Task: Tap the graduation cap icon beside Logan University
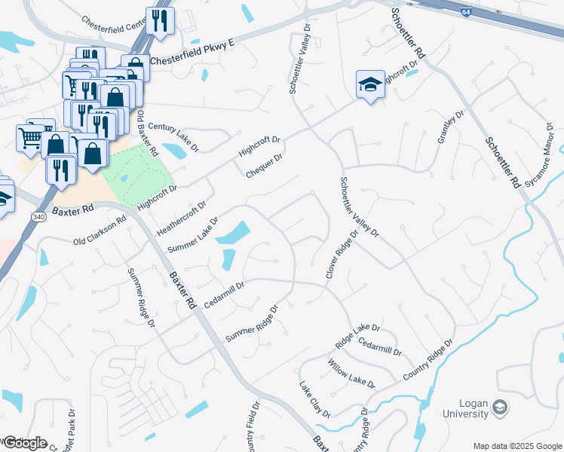coord(499,408)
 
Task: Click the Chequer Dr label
coord(264,166)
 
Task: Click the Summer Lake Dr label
coord(192,235)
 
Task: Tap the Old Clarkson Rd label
coord(100,234)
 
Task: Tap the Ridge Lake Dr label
coord(357,337)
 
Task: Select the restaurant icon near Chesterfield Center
coord(158,20)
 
